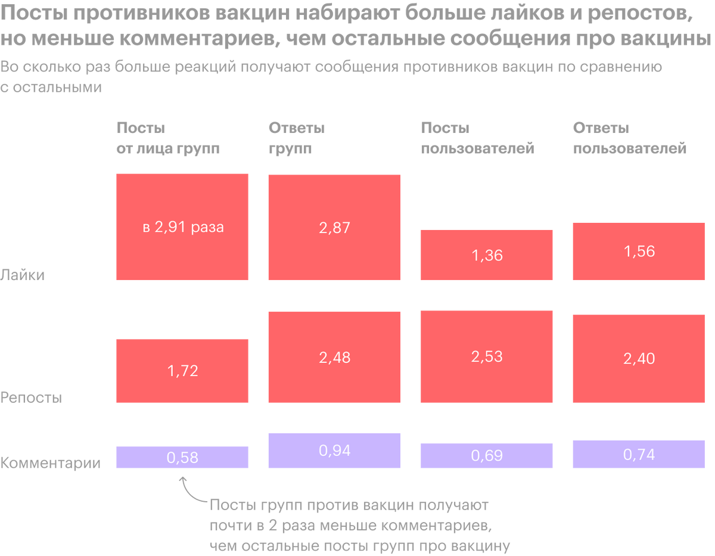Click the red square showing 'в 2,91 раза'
[x=182, y=226]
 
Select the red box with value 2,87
[x=334, y=227]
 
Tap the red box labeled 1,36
[x=487, y=254]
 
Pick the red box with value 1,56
[x=639, y=251]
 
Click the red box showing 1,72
[x=182, y=371]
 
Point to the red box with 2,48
[x=334, y=357]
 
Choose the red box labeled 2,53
[x=487, y=356]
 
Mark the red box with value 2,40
[x=639, y=358]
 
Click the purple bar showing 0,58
[x=182, y=457]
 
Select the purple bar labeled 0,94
[x=334, y=451]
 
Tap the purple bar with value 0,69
[x=487, y=455]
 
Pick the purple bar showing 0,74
[x=639, y=454]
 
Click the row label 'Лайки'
[x=23, y=275]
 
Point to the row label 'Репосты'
[x=31, y=397]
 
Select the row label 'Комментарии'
[x=51, y=463]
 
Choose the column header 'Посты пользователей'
[x=477, y=138]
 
